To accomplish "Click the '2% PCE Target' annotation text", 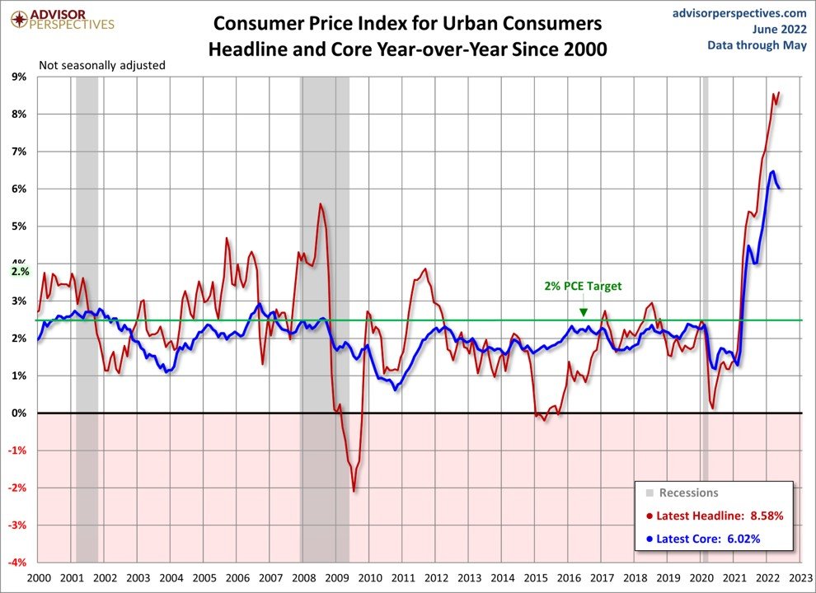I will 583,287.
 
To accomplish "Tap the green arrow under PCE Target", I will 583,311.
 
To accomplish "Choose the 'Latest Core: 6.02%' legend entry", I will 707,539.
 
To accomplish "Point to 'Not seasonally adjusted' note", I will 102,64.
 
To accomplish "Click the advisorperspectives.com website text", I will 739,12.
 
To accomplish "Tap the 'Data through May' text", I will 757,45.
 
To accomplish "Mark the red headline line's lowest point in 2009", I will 354,491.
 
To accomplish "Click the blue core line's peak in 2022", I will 772,171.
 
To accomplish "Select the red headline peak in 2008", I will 321,203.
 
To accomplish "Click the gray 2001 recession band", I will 87,247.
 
